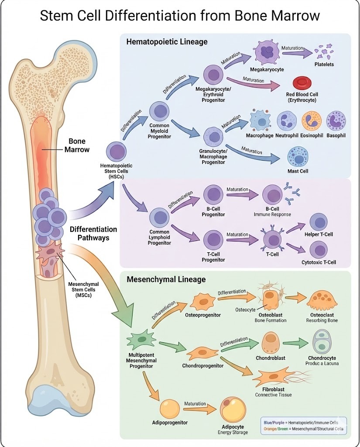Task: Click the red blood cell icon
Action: [300, 83]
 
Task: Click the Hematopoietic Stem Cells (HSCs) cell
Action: [117, 151]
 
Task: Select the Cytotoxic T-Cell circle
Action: [319, 250]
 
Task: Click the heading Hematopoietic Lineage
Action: [167, 42]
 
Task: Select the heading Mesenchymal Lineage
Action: [166, 279]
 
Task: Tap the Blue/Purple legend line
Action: [303, 423]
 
